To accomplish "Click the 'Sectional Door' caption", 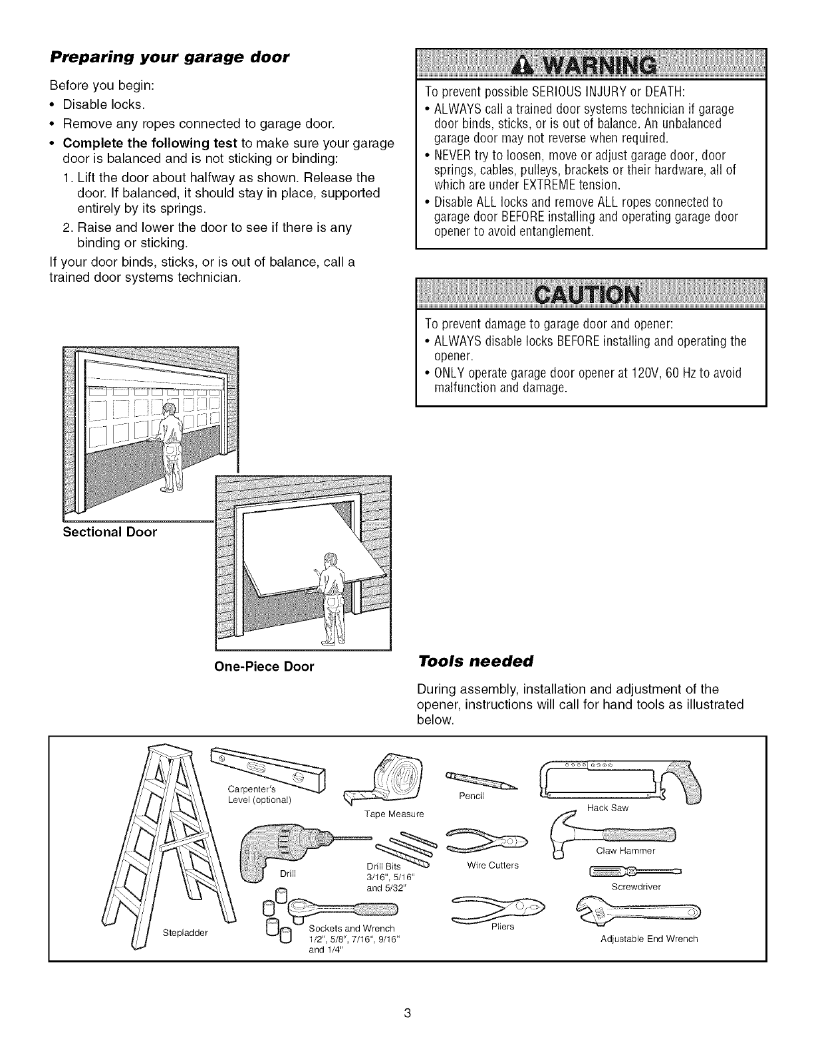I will pyautogui.click(x=110, y=532).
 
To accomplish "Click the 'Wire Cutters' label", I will pyautogui.click(x=492, y=866).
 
